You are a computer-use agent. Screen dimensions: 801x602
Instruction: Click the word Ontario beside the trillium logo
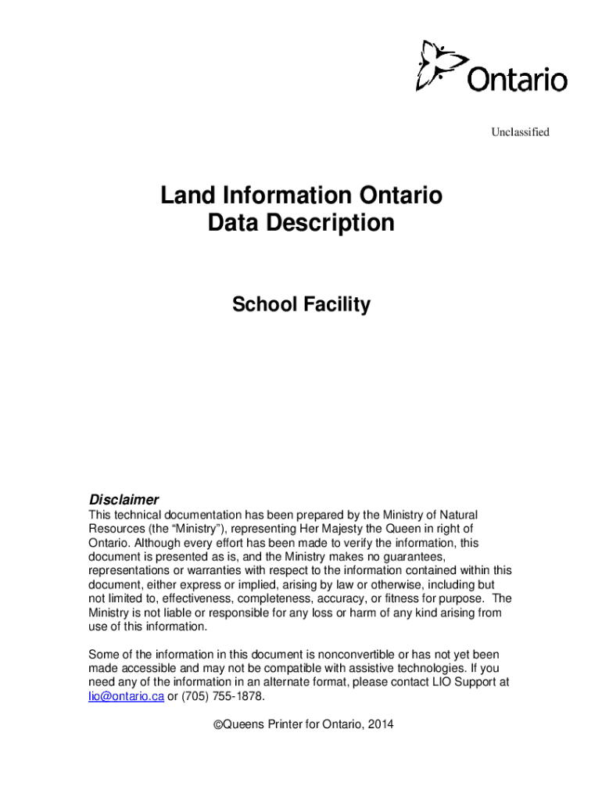coord(518,79)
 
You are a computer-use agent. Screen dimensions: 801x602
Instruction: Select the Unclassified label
coord(520,131)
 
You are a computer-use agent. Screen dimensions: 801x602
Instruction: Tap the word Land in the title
coord(185,195)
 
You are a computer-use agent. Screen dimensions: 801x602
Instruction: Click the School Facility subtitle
coord(301,305)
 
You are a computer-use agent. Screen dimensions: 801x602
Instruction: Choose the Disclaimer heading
coord(124,499)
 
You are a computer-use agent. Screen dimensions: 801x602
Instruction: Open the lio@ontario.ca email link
coord(126,696)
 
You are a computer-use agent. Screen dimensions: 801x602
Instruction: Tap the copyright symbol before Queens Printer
coord(217,724)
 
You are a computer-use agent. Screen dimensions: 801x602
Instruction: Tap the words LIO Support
coord(460,682)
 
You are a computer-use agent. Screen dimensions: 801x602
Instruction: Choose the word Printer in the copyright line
coord(287,724)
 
